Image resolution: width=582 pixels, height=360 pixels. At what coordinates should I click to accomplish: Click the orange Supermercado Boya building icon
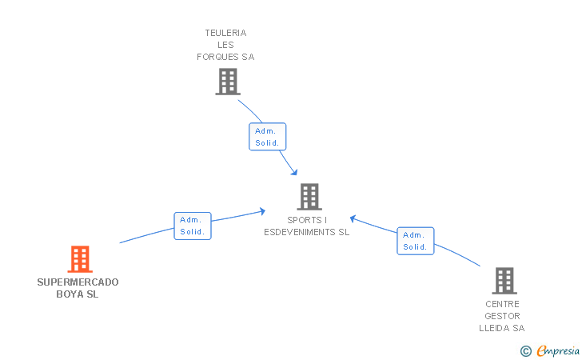pos(80,259)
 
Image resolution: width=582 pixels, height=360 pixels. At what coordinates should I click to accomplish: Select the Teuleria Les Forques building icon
pos(228,81)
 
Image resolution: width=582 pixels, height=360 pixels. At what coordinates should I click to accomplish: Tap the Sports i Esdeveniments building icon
pos(309,197)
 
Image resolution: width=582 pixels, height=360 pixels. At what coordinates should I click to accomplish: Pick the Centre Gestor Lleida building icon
pos(504,281)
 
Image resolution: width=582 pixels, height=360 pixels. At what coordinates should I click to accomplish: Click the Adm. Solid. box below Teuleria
pos(267,137)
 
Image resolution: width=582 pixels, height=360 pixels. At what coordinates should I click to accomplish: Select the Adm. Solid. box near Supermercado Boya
pos(193,226)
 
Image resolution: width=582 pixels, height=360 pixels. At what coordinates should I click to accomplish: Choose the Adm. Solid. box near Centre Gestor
pos(415,241)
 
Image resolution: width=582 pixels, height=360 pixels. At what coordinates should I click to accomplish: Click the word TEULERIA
pos(225,33)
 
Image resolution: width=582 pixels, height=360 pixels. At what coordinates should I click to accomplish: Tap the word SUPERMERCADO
pos(78,282)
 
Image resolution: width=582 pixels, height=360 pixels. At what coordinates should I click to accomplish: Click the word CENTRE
pos(502,304)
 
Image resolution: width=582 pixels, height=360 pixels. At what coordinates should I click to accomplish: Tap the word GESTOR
pos(502,316)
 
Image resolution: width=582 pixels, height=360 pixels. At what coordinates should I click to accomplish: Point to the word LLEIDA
pos(495,328)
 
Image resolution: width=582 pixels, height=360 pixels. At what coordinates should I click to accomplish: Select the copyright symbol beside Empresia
pos(525,350)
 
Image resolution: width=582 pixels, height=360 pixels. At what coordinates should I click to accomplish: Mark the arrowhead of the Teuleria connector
pos(295,173)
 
